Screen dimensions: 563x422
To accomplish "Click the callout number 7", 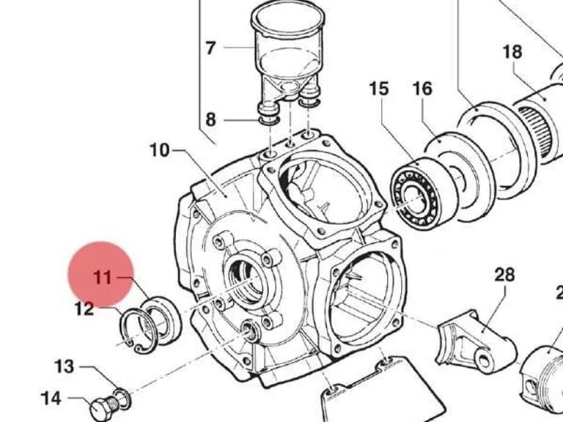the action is click(211, 48).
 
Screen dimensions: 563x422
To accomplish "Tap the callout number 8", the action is click(211, 119).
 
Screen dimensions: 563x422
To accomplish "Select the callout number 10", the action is click(159, 150).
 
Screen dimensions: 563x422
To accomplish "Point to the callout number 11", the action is click(103, 278).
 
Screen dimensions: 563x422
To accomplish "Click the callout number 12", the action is click(84, 308).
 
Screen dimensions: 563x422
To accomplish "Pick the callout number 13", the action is click(65, 367).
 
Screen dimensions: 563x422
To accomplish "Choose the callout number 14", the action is click(51, 399).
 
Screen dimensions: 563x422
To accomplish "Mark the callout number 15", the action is click(379, 89).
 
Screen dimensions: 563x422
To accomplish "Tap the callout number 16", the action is click(422, 89).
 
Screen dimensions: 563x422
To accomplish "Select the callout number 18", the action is click(512, 52).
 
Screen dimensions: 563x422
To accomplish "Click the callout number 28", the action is click(505, 275).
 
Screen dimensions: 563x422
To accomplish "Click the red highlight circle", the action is click(101, 274).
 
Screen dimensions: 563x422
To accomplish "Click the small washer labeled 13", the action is click(123, 399).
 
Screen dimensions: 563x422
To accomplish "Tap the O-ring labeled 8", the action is click(269, 120).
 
